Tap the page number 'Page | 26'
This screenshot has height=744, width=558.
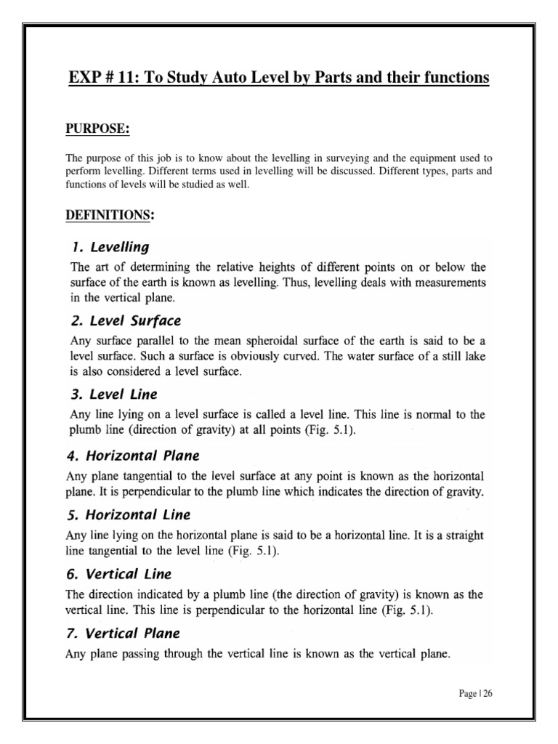pos(475,693)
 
